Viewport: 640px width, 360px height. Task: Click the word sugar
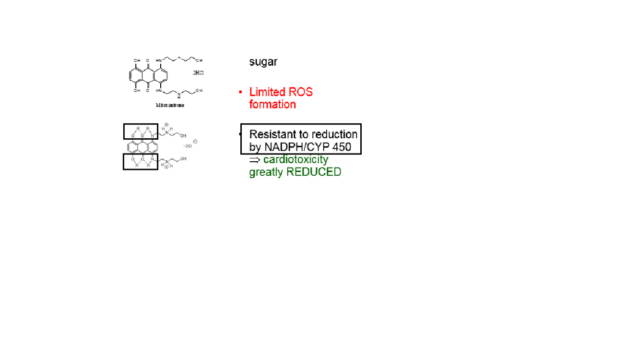[x=263, y=62]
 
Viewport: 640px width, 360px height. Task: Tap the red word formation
[x=272, y=104]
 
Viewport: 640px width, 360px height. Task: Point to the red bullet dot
[x=240, y=92]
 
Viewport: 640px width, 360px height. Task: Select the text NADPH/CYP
[x=297, y=146]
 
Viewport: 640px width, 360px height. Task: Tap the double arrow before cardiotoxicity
[x=254, y=160]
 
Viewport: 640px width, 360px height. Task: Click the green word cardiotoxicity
[x=296, y=159]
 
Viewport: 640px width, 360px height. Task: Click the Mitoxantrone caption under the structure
[x=170, y=105]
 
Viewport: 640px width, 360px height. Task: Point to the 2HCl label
[x=198, y=72]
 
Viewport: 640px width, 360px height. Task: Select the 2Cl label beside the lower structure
[x=188, y=145]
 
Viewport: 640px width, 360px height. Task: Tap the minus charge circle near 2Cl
[x=195, y=141]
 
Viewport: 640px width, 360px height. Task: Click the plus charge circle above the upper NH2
[x=166, y=125]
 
